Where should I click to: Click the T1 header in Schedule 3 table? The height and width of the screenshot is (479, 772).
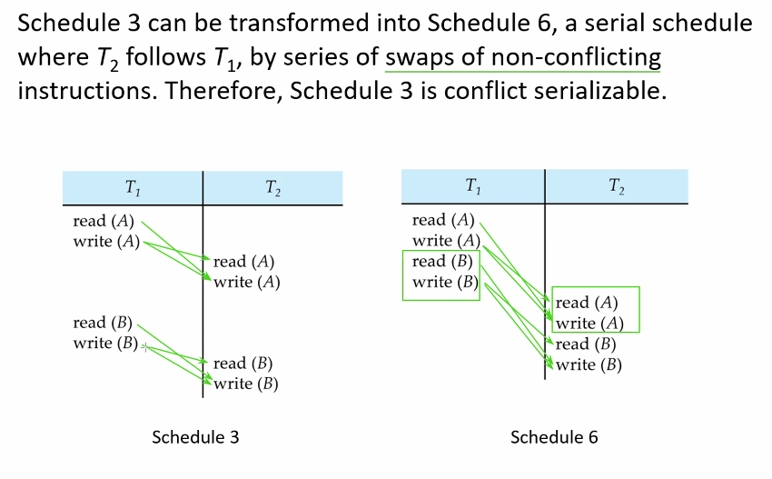coord(133,188)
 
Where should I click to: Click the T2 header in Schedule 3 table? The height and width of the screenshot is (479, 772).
coord(272,188)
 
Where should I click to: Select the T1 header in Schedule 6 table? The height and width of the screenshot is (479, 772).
coord(472,186)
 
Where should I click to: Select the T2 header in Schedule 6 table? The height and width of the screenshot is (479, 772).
coord(617,186)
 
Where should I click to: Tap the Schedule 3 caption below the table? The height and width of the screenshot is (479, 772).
coord(195,437)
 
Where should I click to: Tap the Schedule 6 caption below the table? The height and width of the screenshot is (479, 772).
coord(554,437)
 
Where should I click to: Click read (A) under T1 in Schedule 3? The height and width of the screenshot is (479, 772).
coord(104,221)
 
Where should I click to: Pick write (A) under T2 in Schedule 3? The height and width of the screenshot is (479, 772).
coord(247,283)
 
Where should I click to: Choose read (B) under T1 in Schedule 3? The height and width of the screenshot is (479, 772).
coord(103,323)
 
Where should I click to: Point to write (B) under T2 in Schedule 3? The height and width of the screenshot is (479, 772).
coord(246,384)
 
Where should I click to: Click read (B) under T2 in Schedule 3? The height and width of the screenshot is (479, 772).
coord(242,364)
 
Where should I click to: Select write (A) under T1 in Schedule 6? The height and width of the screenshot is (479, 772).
coord(446,241)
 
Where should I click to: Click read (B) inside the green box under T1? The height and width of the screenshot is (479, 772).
coord(442,261)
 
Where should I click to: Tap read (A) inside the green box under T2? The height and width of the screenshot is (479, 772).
coord(587,303)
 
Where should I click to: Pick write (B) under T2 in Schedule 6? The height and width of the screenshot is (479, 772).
coord(589,365)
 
